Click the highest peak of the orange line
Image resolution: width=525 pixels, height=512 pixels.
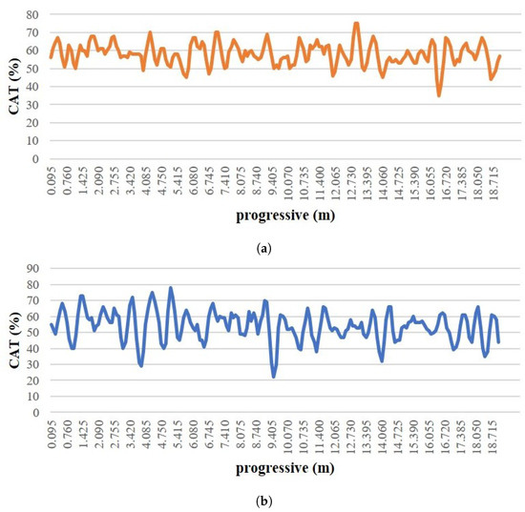(356, 24)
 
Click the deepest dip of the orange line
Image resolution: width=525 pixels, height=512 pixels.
(439, 95)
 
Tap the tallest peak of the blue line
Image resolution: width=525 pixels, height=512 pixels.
(171, 288)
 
